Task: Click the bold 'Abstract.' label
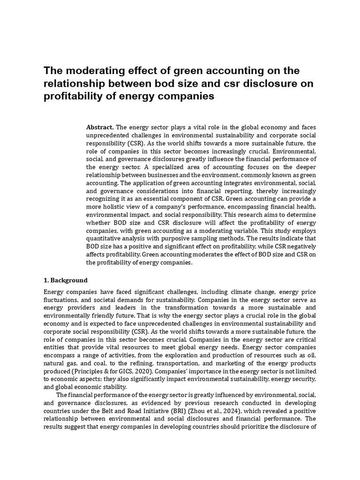point(100,127)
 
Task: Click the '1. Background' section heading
point(65,280)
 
